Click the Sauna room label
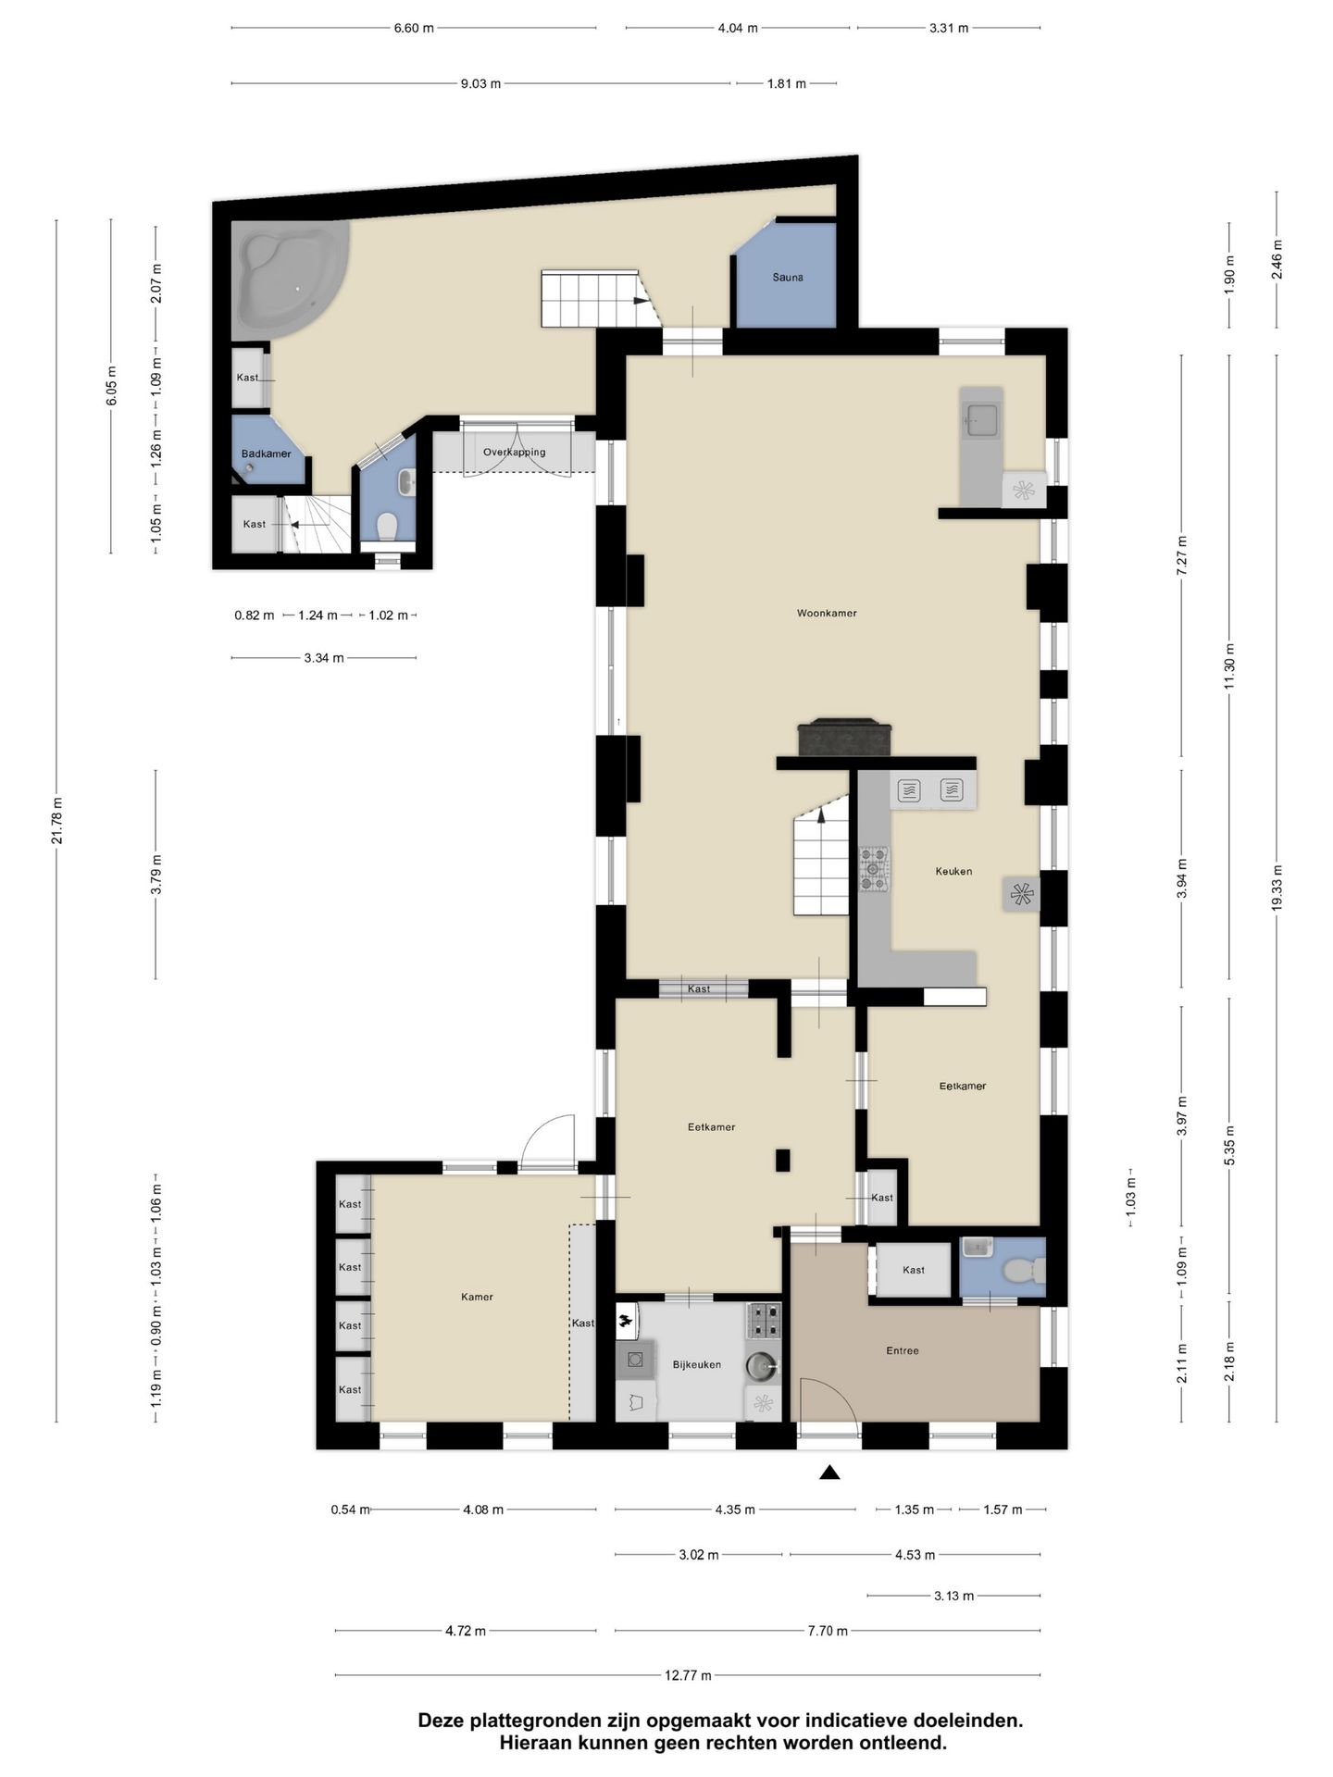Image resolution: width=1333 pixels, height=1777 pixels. (788, 277)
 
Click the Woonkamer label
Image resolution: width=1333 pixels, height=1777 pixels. (827, 613)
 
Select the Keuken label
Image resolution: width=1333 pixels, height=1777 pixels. (953, 871)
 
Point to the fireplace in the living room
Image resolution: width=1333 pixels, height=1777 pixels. (845, 738)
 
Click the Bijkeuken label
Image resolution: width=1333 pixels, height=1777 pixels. (696, 1364)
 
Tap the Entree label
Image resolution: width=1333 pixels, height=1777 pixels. (903, 1350)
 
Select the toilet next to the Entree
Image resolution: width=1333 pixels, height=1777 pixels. (1021, 1272)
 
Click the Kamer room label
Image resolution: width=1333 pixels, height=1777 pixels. (477, 1297)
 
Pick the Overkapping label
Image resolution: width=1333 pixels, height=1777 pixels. (514, 453)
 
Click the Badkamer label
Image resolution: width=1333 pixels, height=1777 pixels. (266, 454)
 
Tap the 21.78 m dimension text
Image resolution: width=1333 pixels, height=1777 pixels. (56, 820)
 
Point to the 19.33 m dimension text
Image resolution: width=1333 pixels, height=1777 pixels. (1277, 888)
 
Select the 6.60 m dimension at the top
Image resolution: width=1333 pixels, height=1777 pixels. (413, 28)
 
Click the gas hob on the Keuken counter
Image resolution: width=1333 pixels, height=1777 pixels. (873, 870)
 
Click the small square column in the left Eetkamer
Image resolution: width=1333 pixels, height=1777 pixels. (783, 1160)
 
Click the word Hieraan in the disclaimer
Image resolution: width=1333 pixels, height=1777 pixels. (533, 1743)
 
